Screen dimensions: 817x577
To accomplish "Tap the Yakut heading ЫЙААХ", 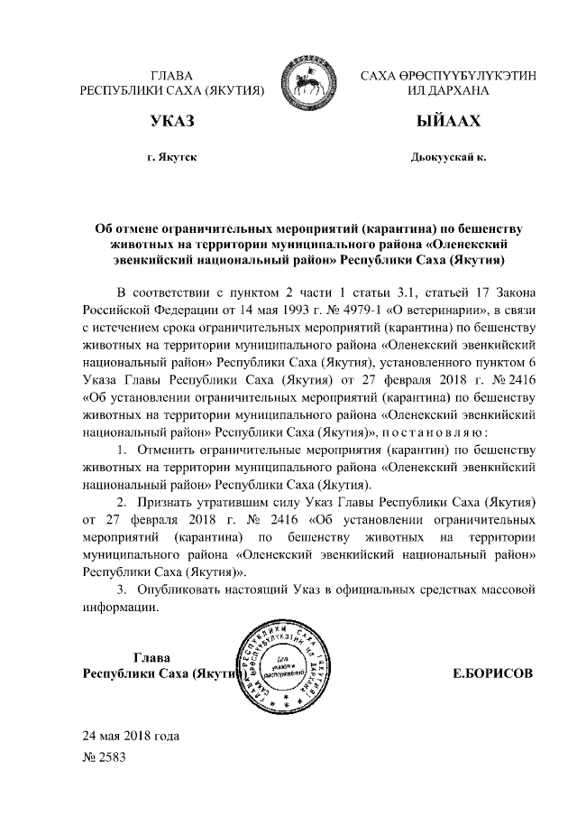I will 448,121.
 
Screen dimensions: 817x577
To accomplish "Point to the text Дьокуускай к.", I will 448,157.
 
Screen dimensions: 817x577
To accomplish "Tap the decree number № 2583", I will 105,757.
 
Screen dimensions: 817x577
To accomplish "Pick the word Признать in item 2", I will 171,500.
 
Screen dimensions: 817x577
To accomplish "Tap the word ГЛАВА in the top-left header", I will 171,75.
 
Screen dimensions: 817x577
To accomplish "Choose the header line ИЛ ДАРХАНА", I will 448,91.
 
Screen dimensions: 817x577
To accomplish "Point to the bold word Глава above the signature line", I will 152,656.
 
